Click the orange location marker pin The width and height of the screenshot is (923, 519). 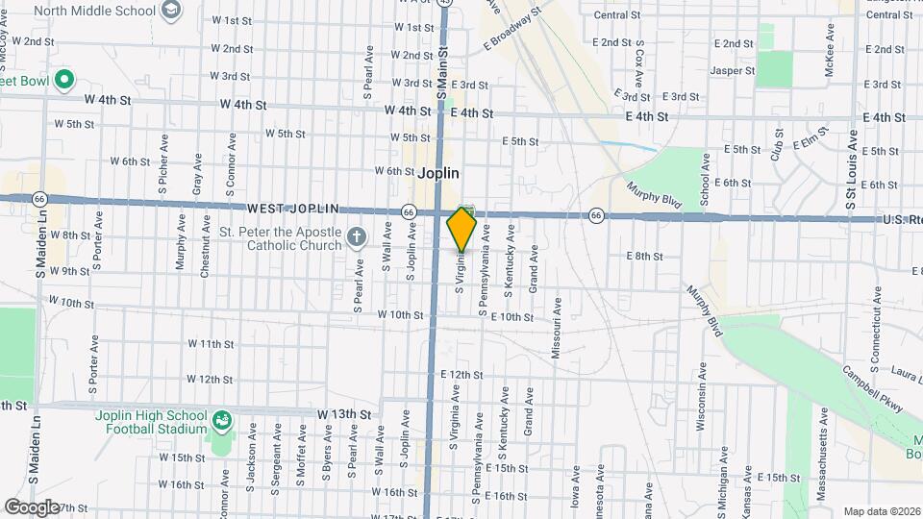point(462,229)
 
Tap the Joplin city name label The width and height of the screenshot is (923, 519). point(438,174)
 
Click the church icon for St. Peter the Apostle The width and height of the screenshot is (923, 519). point(356,235)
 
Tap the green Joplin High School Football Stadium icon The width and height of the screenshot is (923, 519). point(222,420)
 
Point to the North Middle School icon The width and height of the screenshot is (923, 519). point(171,11)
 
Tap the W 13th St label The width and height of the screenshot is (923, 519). point(343,413)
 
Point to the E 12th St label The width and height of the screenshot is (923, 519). point(461,374)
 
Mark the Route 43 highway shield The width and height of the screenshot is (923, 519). point(443,3)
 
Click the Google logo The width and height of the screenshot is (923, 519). point(31,507)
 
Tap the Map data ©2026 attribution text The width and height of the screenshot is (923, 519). point(882,511)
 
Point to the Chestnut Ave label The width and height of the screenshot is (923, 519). point(206,253)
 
